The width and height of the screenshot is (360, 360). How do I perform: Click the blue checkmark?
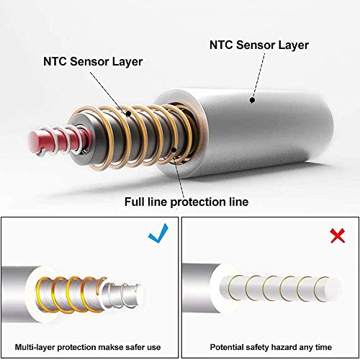click(158, 234)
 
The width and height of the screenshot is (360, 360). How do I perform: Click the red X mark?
click(338, 235)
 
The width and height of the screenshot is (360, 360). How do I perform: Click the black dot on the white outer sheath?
click(252, 100)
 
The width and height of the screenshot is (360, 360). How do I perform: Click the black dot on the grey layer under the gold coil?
click(128, 114)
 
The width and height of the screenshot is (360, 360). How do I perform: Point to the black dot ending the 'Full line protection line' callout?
click(174, 150)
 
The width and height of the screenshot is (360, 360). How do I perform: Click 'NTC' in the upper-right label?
click(221, 45)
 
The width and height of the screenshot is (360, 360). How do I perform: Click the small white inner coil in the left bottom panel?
click(125, 294)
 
